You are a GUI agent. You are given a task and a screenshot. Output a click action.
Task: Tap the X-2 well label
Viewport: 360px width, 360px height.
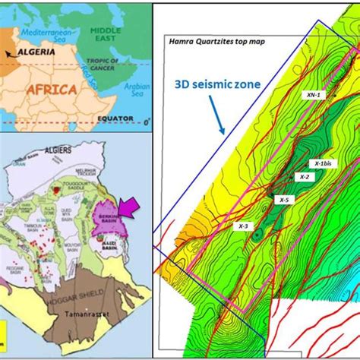point(305,176)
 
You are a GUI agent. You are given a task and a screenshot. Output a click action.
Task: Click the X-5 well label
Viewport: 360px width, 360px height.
point(284,200)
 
